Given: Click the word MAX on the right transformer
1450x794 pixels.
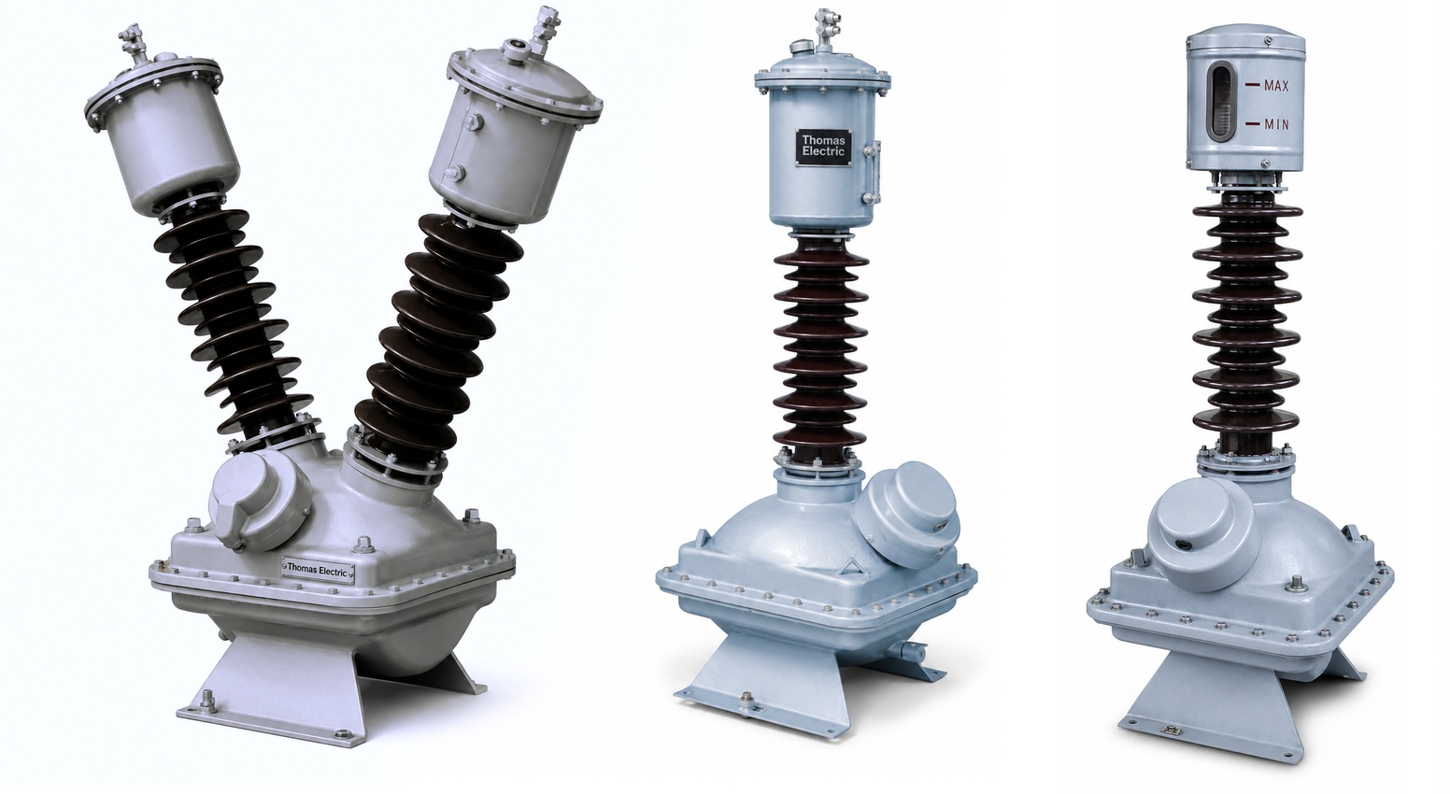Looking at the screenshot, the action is click(x=1276, y=85).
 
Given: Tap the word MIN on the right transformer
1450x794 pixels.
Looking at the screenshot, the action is click(x=1276, y=142).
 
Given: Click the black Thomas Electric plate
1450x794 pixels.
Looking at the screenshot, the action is click(x=823, y=148).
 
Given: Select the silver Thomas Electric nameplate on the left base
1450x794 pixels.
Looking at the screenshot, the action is click(x=319, y=569).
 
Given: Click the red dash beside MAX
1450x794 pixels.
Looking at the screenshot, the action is click(x=1252, y=85).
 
